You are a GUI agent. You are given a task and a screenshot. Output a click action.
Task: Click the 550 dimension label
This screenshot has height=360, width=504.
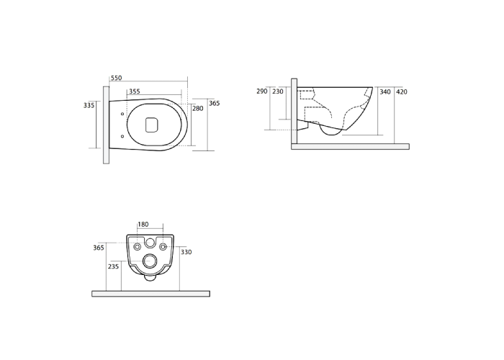[117, 78]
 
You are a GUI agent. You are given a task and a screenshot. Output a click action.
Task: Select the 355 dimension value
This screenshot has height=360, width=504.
[135, 91]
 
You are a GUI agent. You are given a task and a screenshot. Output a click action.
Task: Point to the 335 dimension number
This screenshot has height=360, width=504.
[89, 105]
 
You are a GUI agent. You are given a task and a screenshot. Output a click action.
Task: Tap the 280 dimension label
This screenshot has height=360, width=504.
[198, 109]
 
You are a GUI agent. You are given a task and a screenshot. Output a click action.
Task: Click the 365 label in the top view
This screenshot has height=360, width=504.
[215, 103]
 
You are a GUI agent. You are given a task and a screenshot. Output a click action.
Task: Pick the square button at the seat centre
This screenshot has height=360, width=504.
[152, 125]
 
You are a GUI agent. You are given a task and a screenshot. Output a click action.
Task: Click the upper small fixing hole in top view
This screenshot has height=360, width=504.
[122, 114]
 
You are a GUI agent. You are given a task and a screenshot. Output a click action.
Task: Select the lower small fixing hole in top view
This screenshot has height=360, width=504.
[122, 136]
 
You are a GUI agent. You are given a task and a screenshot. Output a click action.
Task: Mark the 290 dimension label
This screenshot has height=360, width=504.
[262, 91]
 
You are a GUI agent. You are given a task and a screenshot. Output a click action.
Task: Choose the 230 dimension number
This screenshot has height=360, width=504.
[278, 91]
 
